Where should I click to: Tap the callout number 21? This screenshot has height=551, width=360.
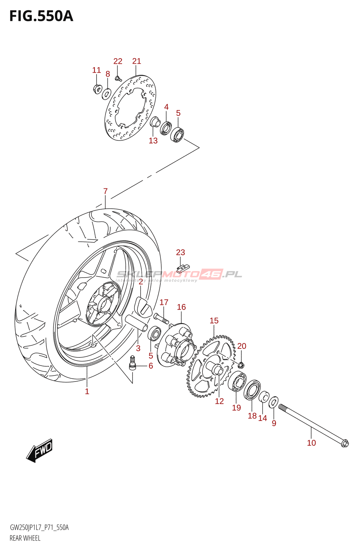pos(137,61)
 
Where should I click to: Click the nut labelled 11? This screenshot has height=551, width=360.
pos(97,89)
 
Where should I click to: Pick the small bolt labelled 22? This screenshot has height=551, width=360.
pos(118,79)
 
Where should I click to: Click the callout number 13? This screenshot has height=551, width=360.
pos(153,141)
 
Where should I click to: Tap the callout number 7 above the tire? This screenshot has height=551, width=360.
pos(106,191)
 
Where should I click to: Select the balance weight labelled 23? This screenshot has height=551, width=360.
pos(183,268)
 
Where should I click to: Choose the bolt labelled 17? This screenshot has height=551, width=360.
pos(161,318)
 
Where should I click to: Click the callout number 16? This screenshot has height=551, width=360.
pos(181,307)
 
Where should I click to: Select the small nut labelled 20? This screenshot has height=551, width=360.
pos(241,364)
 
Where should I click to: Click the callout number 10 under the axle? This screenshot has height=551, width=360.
pos(311,443)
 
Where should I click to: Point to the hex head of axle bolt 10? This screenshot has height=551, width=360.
pos(344,444)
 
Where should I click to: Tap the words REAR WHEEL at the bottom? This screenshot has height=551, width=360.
pos(25,538)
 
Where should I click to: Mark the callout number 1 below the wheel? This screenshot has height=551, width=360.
pos(87,391)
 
